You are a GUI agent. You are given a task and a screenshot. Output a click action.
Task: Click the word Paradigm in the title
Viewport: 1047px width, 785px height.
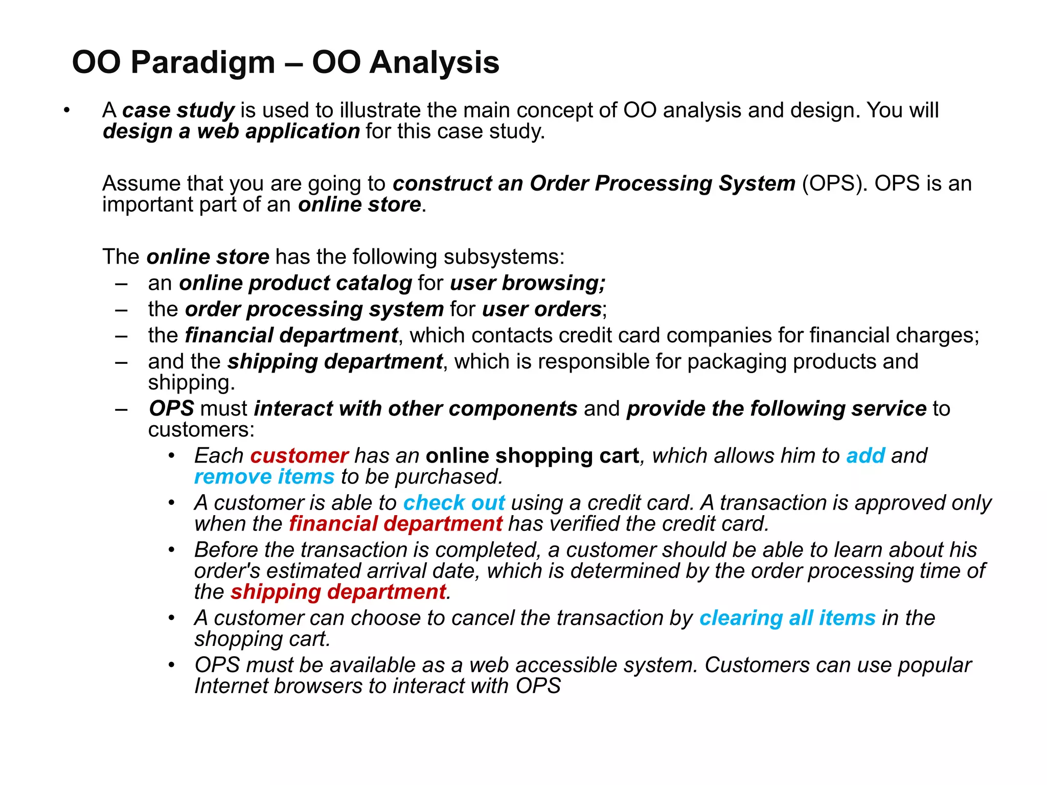[203, 63]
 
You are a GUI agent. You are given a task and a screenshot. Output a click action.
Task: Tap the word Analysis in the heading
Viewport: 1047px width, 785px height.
[434, 63]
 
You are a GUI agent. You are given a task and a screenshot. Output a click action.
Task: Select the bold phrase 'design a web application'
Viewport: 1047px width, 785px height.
[231, 131]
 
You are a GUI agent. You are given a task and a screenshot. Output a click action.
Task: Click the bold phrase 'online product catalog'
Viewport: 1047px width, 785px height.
[295, 283]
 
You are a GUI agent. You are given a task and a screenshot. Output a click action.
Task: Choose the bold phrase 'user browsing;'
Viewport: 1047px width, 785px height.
[528, 283]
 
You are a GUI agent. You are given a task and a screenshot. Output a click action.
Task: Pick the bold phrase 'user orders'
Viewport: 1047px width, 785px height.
[541, 309]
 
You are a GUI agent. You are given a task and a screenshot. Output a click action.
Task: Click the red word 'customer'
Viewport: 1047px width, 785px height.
[299, 456]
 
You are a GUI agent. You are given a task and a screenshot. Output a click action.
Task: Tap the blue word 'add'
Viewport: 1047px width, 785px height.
[866, 456]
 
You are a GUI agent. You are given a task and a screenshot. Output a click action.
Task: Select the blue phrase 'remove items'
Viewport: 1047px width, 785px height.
[264, 477]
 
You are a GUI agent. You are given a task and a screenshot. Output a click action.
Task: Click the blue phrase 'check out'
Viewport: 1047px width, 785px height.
[454, 503]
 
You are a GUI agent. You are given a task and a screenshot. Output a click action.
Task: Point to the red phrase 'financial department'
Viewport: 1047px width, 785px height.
[395, 524]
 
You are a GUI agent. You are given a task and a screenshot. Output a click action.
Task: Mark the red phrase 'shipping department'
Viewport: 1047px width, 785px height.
[338, 592]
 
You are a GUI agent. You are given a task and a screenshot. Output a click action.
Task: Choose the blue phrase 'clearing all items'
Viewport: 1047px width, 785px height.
[787, 618]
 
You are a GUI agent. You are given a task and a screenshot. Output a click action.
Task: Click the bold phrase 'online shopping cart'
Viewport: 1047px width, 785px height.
[532, 456]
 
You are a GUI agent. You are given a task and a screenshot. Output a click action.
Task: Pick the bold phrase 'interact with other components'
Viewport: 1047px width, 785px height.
[416, 409]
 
